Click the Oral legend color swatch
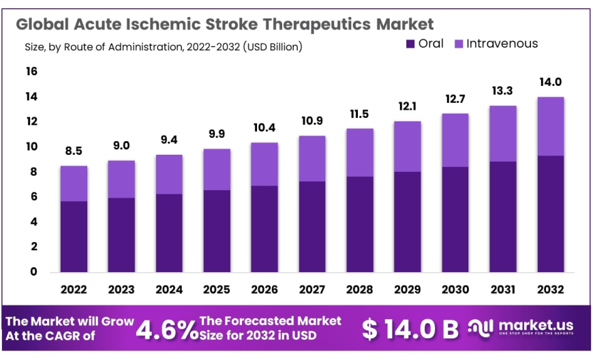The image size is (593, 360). click(x=410, y=44)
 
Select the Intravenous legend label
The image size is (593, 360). click(x=502, y=44)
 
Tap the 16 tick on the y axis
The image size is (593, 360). click(x=31, y=72)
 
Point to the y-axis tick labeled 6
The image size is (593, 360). click(x=32, y=197)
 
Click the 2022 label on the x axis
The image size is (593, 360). click(x=74, y=290)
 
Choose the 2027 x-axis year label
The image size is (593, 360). click(x=311, y=290)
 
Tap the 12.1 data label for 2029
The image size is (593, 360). click(x=407, y=107)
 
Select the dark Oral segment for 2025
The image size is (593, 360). click(x=217, y=230)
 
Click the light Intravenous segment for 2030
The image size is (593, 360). click(x=455, y=140)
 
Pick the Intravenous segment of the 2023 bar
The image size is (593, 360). click(x=121, y=179)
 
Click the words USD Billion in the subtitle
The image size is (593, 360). click(x=273, y=47)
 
